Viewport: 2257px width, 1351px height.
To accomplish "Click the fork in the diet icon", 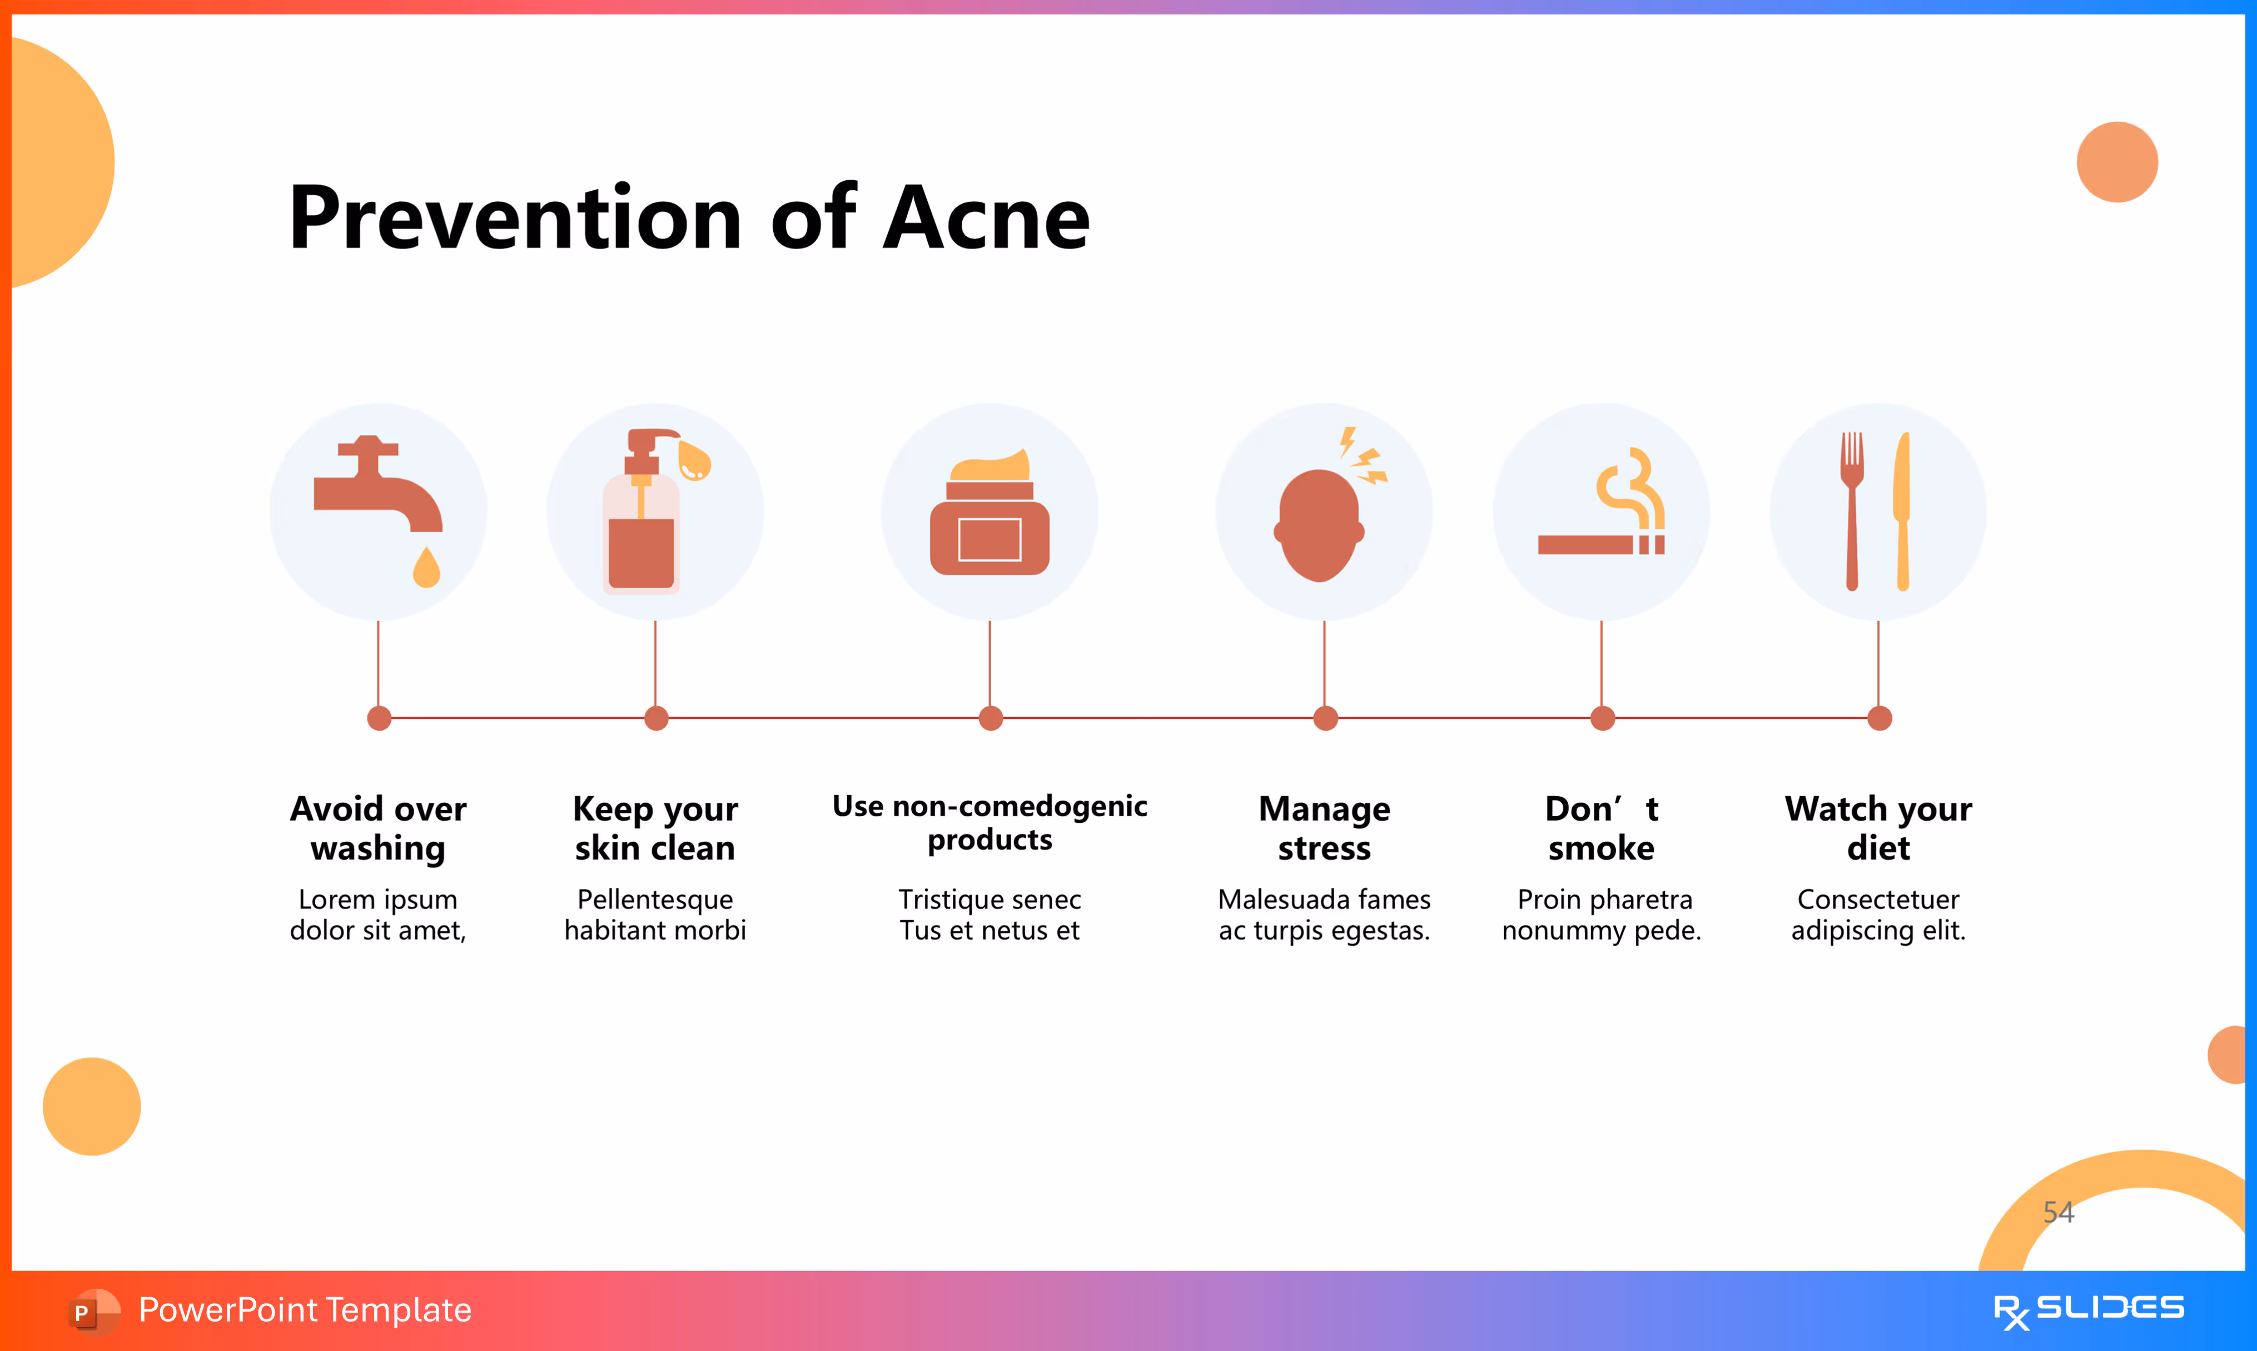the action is (x=1851, y=510).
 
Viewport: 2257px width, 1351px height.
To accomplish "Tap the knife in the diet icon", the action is (x=1902, y=510).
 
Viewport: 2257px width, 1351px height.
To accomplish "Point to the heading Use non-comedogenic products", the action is (x=990, y=822).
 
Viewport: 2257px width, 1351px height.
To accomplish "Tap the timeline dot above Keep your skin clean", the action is (x=656, y=718).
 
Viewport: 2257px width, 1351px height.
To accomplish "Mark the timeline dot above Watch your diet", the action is (x=1880, y=718).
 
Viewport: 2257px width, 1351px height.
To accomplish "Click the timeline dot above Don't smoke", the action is (x=1603, y=718).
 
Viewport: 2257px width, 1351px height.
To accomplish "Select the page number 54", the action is (x=2059, y=1211).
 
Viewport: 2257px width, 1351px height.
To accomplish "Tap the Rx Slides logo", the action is (x=2088, y=1310).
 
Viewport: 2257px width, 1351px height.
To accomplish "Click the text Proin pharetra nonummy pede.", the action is (x=1602, y=914).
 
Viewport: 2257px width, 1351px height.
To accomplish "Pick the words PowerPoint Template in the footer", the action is (x=305, y=1310).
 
